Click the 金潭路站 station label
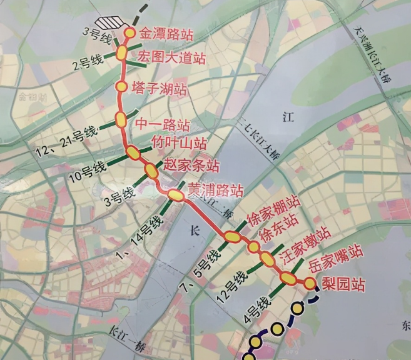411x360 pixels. coord(165,34)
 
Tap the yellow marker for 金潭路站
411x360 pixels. coord(130,32)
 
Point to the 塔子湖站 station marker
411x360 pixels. coord(121,86)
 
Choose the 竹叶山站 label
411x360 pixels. coord(180,144)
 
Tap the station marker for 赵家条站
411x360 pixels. coord(151,169)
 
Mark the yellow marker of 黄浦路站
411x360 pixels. coord(176,195)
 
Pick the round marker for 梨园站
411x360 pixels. coord(310,283)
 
